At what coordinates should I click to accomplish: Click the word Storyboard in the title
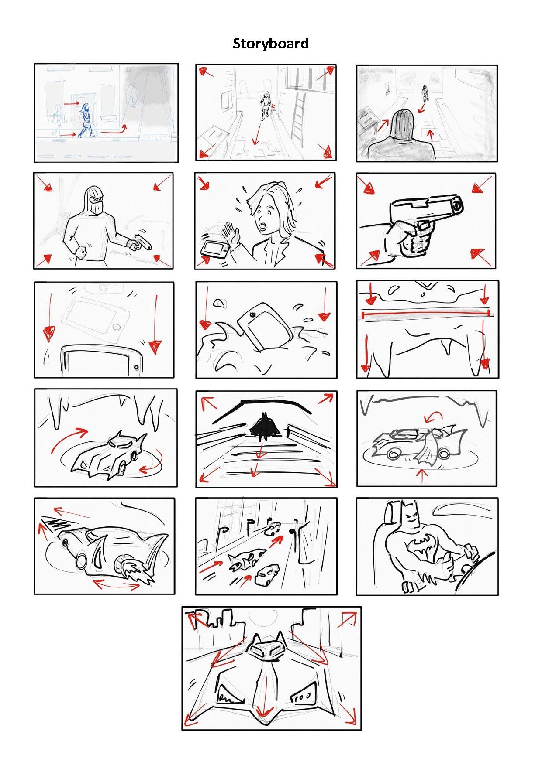pos(271,44)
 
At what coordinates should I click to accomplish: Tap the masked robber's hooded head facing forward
pos(93,200)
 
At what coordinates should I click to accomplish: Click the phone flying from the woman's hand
pos(214,249)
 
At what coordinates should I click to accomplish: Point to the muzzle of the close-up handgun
pos(457,204)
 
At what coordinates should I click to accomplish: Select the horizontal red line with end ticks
pos(426,313)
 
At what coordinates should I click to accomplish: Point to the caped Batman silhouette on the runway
pos(265,425)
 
